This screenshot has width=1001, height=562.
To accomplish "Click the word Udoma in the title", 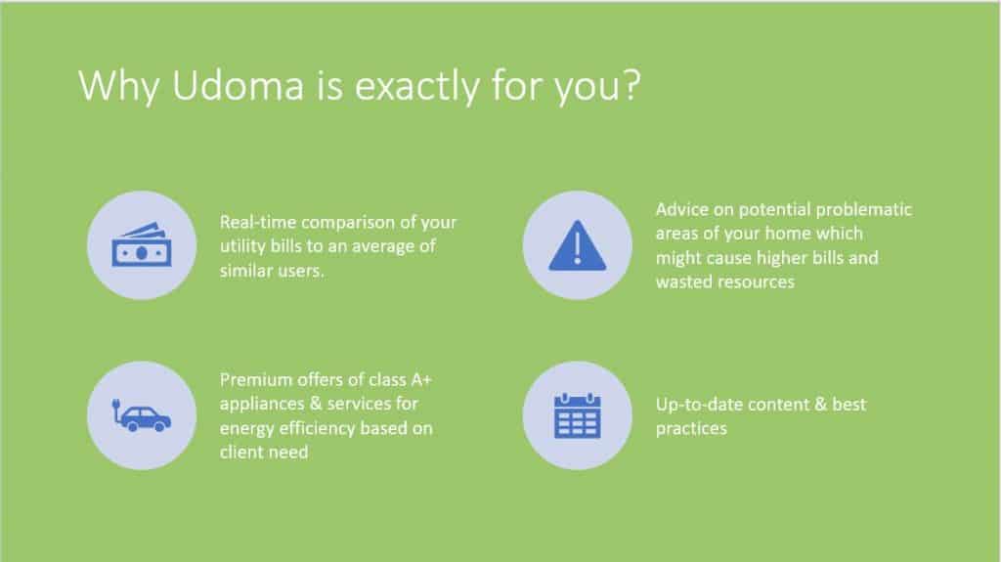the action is coord(238,86).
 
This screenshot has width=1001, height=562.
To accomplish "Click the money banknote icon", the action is coord(142,245).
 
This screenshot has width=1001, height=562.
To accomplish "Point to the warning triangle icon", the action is coord(577,245).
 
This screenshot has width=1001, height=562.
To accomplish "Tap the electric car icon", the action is coord(141,415).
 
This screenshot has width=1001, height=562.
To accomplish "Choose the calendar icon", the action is coord(577,415).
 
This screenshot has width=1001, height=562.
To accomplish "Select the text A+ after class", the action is coord(421,380).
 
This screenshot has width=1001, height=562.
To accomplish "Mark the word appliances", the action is coord(262,405).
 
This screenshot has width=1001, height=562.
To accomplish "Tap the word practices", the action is coord(691,428).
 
